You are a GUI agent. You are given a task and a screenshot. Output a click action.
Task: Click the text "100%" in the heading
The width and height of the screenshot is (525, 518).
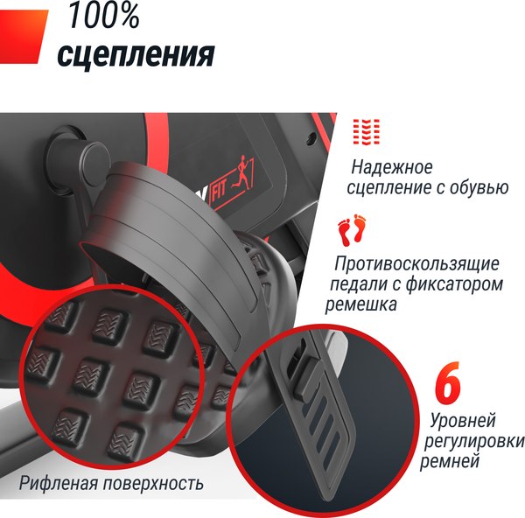coord(104,15)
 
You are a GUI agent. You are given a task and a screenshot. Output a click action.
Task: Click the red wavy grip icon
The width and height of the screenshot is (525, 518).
coord(366,132)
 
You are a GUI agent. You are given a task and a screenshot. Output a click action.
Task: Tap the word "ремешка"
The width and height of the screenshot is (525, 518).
coord(360,305)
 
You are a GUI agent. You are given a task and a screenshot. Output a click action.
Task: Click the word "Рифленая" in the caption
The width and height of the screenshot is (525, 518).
coord(57,482)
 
